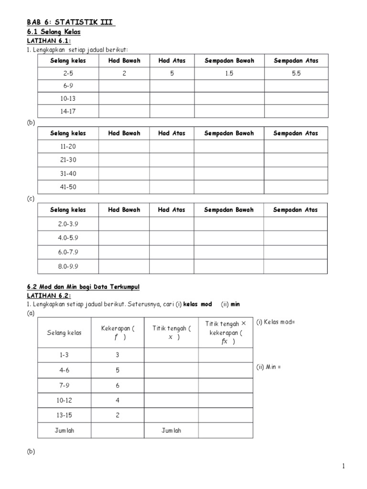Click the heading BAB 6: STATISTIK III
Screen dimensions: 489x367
[70, 22]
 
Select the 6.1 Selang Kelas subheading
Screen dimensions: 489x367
[53, 32]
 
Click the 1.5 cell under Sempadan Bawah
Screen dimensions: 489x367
[229, 74]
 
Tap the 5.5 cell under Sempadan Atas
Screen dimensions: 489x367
[296, 74]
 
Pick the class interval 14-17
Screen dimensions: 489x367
[68, 111]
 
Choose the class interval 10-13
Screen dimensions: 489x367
[68, 99]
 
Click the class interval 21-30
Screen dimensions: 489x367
[68, 160]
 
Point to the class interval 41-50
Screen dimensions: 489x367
[68, 187]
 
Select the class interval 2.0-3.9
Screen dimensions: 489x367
[68, 224]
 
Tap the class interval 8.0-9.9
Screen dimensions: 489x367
[68, 266]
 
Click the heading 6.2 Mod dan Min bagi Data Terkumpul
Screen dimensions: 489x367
[83, 287]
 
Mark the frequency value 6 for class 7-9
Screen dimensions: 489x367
[118, 385]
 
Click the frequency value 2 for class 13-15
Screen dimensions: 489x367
[118, 415]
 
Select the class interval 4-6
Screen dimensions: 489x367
[64, 370]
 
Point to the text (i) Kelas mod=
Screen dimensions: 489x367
[276, 322]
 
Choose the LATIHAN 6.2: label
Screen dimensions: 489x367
[48, 296]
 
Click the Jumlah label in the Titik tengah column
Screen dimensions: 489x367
[171, 430]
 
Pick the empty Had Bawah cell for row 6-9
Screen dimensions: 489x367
[124, 86]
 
